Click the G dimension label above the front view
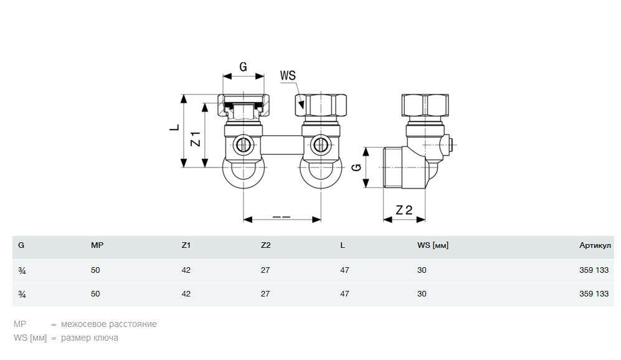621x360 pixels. pyautogui.click(x=243, y=67)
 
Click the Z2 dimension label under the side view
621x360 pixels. pyautogui.click(x=404, y=210)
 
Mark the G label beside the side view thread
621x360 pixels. pyautogui.click(x=356, y=168)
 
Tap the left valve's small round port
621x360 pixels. pyautogui.click(x=243, y=146)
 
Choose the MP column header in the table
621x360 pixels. pyautogui.click(x=97, y=245)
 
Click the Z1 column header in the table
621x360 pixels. pyautogui.click(x=186, y=245)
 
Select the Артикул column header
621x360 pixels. pyautogui.click(x=595, y=245)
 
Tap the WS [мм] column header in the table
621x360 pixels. pyautogui.click(x=432, y=245)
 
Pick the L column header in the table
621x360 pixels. pyautogui.click(x=343, y=245)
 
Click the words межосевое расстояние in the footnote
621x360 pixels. pyautogui.click(x=109, y=324)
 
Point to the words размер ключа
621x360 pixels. pyautogui.click(x=89, y=338)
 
